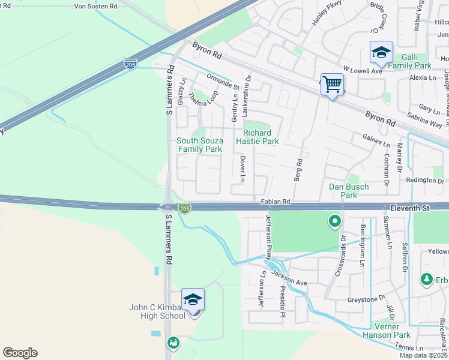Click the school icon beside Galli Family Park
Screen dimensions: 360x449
[x=381, y=52]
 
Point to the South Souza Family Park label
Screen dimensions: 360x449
[x=199, y=145]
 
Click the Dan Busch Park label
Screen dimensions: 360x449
[x=348, y=191]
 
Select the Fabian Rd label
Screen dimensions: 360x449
[x=276, y=202]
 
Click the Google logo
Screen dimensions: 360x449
[x=20, y=353]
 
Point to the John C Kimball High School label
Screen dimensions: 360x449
[x=157, y=311]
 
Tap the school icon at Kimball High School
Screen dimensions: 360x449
[x=193, y=299]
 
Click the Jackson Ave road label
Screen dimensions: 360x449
[x=289, y=278]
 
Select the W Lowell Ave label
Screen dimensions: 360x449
[x=363, y=71]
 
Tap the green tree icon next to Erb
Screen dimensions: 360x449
[x=427, y=279]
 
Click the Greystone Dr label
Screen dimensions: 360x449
[x=366, y=298]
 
